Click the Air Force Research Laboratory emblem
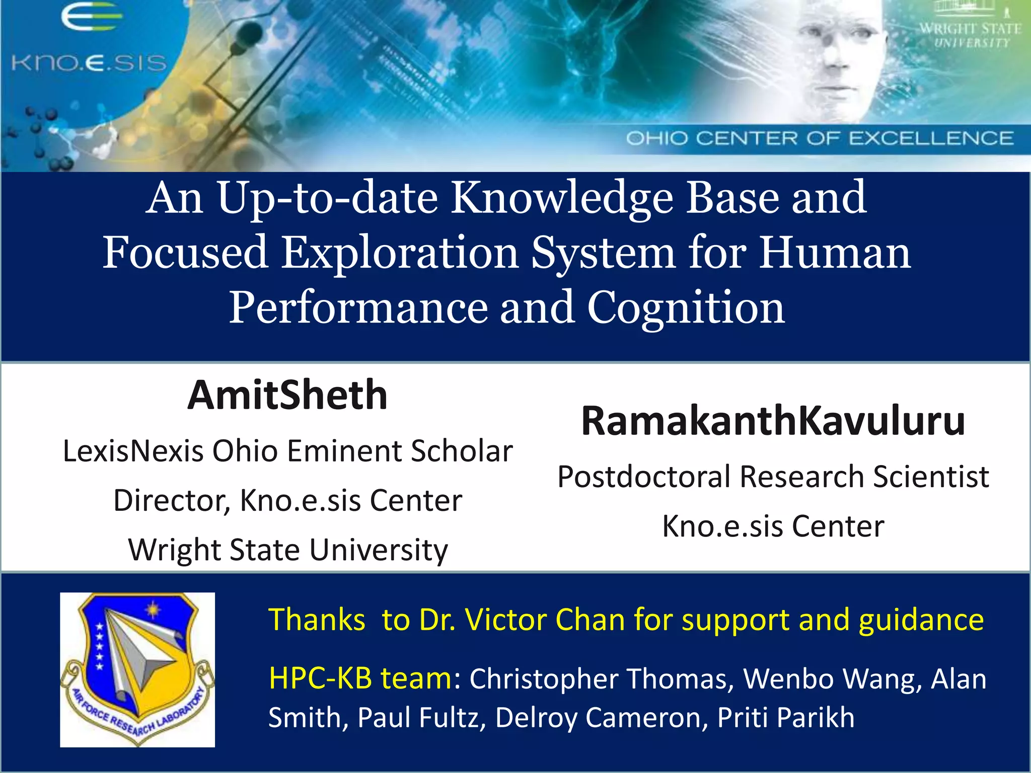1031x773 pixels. (137, 669)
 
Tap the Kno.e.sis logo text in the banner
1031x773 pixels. (89, 63)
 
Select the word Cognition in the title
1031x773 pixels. (686, 308)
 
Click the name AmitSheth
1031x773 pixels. (287, 396)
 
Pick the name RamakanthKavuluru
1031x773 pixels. (773, 421)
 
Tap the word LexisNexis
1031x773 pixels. (133, 451)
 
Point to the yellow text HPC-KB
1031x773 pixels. (320, 678)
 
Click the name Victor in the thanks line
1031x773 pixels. (504, 620)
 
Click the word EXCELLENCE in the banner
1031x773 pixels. (931, 138)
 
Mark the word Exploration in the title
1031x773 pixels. (400, 253)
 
